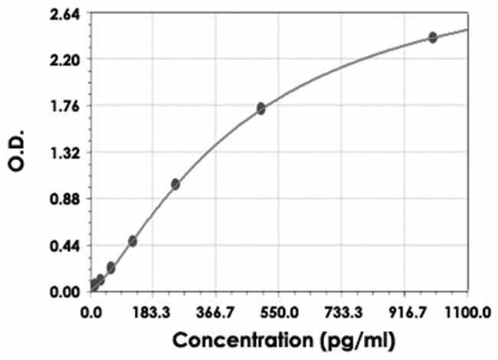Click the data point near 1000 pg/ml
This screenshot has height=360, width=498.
pyautogui.click(x=433, y=37)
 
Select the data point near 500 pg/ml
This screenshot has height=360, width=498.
pyautogui.click(x=261, y=109)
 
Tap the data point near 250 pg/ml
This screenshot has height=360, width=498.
pyautogui.click(x=175, y=184)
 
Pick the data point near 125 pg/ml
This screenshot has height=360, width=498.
pyautogui.click(x=133, y=241)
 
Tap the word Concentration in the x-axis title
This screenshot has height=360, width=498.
pyautogui.click(x=228, y=338)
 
